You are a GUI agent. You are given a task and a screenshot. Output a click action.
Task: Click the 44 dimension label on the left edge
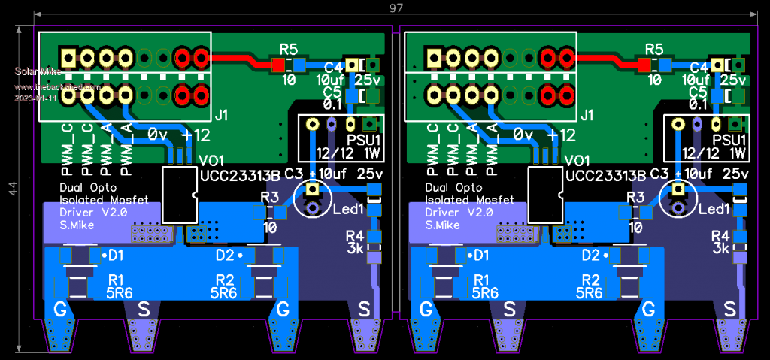[x=12, y=189]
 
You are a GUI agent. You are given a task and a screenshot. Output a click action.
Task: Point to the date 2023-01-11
[x=35, y=98]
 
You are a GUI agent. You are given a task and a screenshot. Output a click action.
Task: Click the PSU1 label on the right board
[x=729, y=140]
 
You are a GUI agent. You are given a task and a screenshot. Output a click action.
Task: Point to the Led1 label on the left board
[x=348, y=208]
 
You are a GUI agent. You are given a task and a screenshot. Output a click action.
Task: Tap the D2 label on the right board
[x=591, y=255]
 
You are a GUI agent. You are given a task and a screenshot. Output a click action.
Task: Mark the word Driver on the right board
[x=443, y=213]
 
